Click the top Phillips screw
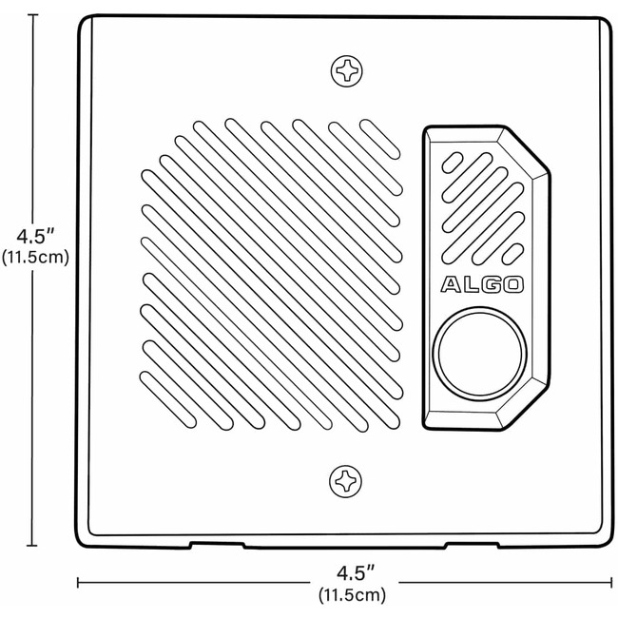coord(346,71)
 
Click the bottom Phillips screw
coord(345,481)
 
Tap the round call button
coord(479,354)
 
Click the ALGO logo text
coord(482,284)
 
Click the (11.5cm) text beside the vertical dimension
coord(35,258)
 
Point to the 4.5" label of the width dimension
coord(356,573)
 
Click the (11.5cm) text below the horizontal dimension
coord(353,594)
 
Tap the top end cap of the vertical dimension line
coord(32,14)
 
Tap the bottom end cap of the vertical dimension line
coord(32,546)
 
